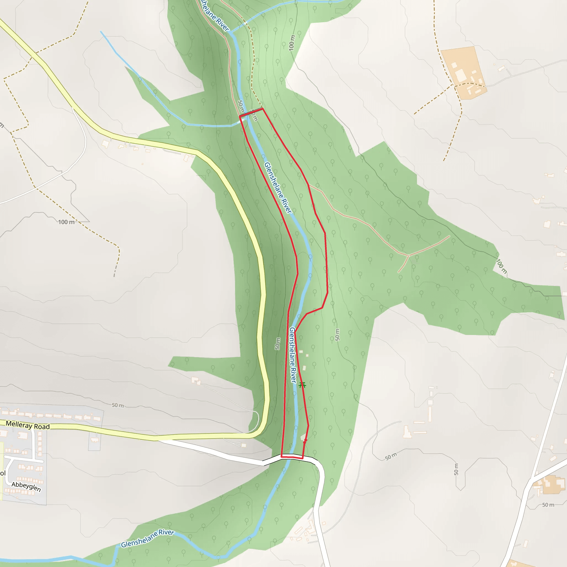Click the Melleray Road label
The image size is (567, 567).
point(28,425)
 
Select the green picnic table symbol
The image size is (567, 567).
point(302,385)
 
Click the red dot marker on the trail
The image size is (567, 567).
point(305,441)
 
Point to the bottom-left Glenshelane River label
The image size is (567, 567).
point(148,538)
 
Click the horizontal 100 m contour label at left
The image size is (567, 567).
point(66,222)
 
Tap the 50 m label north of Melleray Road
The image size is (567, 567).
point(118,405)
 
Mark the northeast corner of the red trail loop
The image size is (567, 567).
point(263,109)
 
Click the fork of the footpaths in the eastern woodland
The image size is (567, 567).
point(409,256)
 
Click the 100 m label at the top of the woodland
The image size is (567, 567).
point(292,43)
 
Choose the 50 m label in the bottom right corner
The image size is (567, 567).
point(548,505)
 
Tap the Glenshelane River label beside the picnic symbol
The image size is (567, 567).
point(293,355)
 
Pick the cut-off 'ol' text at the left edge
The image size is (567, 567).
point(3,473)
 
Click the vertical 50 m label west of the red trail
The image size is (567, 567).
point(277,344)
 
